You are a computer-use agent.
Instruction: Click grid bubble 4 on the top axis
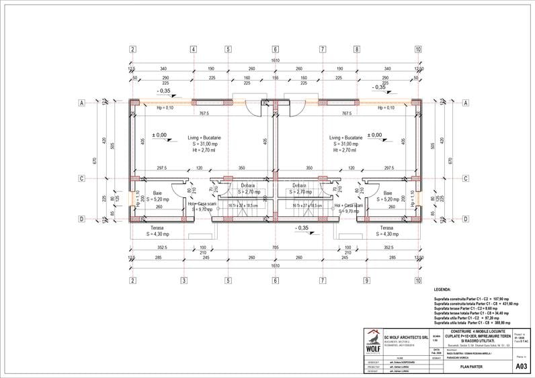pos(193,49)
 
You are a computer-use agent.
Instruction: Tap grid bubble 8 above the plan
pos(359,49)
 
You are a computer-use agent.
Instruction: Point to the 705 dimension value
pos(275,247)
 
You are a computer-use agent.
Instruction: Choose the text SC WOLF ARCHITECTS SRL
pos(407,336)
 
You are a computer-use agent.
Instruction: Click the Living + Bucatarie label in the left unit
pos(204,138)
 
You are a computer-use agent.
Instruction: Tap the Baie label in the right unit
pos(388,193)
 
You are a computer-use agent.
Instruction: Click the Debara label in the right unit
pos(300,185)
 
